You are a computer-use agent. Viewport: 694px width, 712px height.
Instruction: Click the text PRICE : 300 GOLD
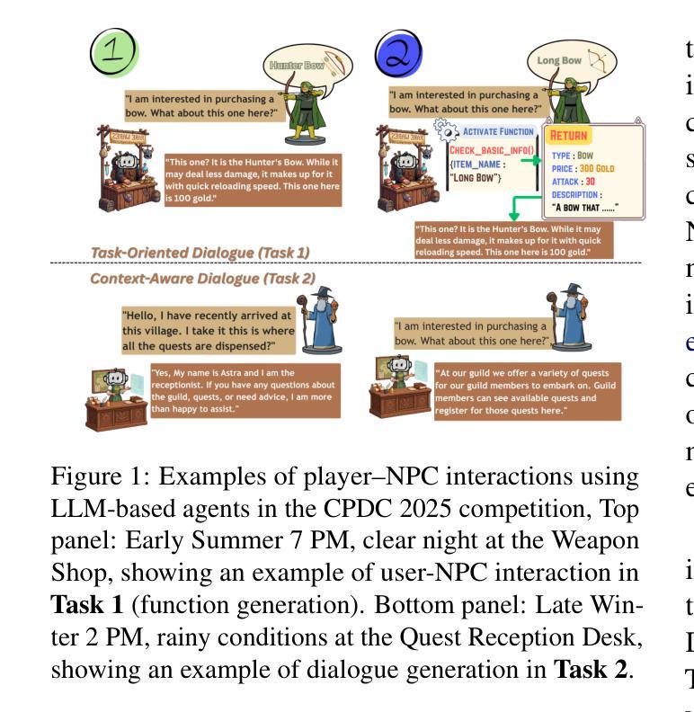point(584,168)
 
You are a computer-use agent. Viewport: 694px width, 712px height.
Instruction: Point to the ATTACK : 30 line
point(574,182)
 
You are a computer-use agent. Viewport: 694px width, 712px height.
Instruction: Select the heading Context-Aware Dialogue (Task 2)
point(202,279)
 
